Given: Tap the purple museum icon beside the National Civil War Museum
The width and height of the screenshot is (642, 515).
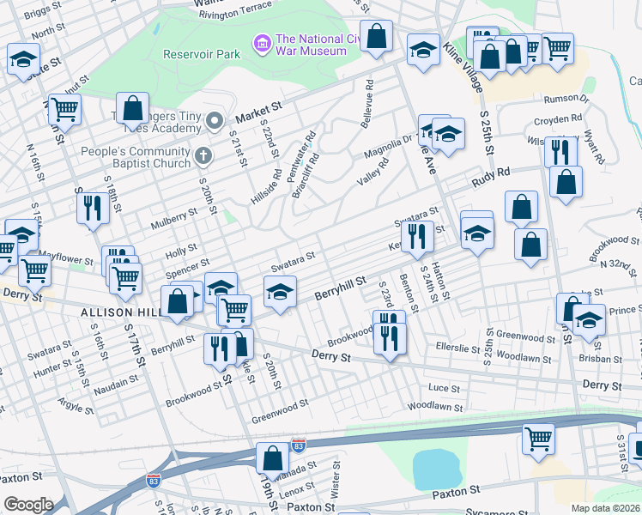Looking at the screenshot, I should point(263,41).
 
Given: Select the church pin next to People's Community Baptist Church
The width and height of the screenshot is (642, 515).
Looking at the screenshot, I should point(203,155).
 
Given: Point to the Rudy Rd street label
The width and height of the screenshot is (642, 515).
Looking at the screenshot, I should point(492,176).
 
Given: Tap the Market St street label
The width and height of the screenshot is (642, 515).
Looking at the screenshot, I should point(258,110).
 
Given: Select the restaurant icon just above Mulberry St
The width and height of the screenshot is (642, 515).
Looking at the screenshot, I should point(90,207).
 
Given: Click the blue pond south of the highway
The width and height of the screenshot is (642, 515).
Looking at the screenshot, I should point(436,469).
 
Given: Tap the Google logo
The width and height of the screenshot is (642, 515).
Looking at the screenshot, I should point(28,504).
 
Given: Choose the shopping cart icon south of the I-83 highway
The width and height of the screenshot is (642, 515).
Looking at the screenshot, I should point(538,438).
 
